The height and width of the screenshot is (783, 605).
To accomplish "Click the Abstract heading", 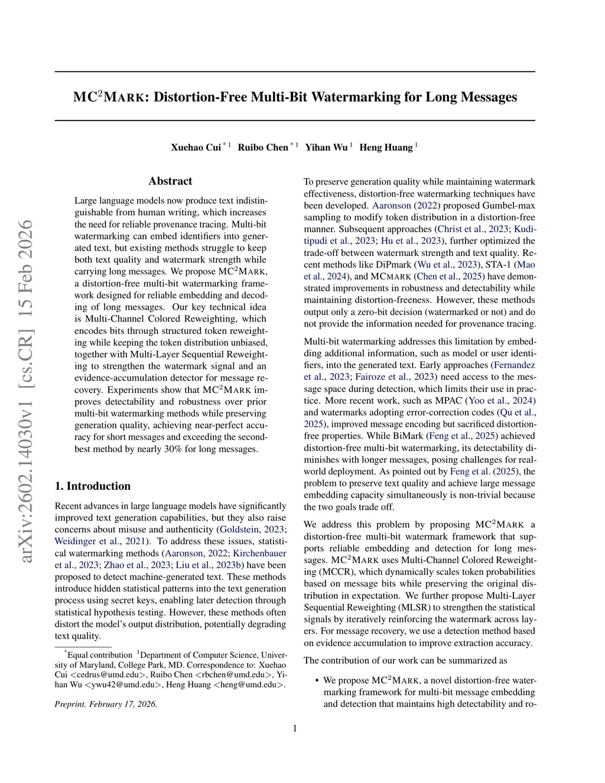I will [x=170, y=181].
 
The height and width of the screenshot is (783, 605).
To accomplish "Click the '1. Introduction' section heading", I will [x=93, y=486].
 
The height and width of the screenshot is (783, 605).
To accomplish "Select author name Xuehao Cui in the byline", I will [x=196, y=147].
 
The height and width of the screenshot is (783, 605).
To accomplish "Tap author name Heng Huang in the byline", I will [x=386, y=147].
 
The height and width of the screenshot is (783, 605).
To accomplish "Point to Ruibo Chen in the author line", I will [x=263, y=147].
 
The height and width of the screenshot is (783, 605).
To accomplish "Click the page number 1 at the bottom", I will [x=295, y=728].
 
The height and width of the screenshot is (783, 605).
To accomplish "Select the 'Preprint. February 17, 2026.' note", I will [x=106, y=704].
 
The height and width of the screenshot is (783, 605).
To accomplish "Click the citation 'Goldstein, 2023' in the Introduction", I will [x=252, y=529].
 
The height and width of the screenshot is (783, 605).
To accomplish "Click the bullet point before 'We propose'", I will [x=317, y=681].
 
